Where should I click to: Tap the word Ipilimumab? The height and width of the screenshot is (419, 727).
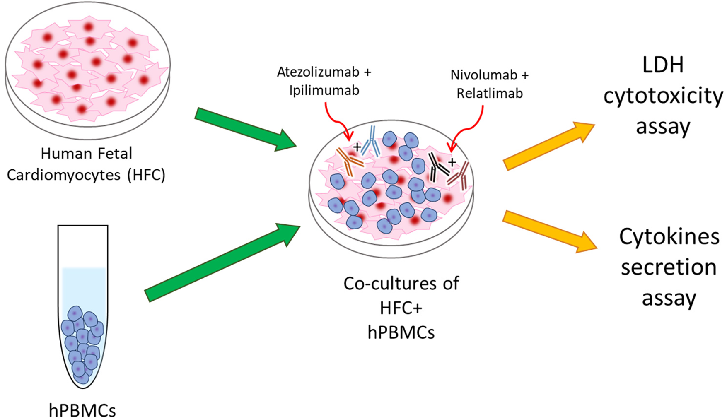pyautogui.click(x=324, y=91)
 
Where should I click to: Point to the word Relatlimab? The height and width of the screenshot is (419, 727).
pyautogui.click(x=489, y=94)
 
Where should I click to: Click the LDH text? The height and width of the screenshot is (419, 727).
pyautogui.click(x=662, y=65)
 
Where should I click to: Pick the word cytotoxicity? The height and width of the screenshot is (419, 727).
pyautogui.click(x=663, y=96)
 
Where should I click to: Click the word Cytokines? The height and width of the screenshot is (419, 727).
pyautogui.click(x=669, y=237)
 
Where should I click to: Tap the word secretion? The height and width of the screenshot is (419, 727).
pyautogui.click(x=669, y=267)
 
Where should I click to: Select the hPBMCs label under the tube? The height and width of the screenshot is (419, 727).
pyautogui.click(x=82, y=410)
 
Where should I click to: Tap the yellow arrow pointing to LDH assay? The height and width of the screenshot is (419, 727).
pyautogui.click(x=548, y=145)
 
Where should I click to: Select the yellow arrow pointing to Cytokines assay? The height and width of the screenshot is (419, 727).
pyautogui.click(x=549, y=230)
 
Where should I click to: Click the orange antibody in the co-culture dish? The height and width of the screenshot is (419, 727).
pyautogui.click(x=348, y=161)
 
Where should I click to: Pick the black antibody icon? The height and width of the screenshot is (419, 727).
pyautogui.click(x=437, y=166)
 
